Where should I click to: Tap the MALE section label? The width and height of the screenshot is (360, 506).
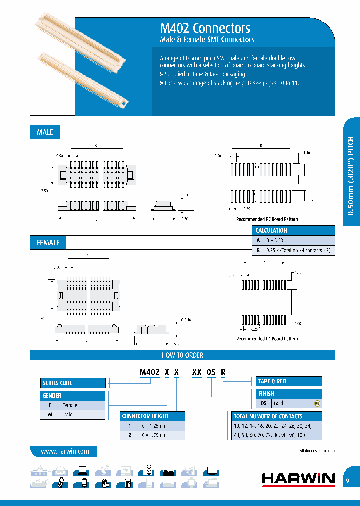click(x=45, y=132)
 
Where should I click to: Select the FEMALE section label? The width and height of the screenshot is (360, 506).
click(x=48, y=243)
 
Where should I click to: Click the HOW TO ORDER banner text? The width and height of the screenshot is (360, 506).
click(x=182, y=355)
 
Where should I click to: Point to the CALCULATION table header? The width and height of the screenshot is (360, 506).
click(x=271, y=231)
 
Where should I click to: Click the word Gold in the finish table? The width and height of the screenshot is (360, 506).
click(x=278, y=403)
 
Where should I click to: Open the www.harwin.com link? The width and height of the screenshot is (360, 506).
click(x=65, y=451)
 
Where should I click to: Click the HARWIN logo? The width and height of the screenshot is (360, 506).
click(x=298, y=479)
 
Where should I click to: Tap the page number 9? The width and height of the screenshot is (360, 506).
click(x=347, y=481)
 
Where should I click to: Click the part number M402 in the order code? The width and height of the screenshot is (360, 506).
click(x=148, y=372)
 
